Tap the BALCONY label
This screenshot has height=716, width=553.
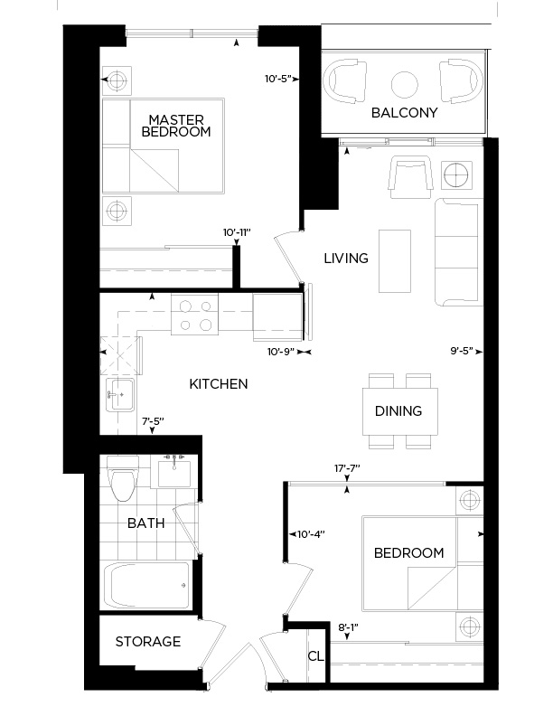[404, 113]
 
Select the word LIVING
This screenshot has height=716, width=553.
[346, 259]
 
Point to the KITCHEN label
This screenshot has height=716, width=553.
[218, 384]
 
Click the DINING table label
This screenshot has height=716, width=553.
[398, 410]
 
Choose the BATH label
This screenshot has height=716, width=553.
[145, 523]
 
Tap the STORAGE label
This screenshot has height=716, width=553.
[147, 642]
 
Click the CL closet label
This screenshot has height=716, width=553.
[315, 656]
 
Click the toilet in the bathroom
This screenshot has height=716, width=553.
[120, 477]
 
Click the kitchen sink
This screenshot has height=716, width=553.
[119, 395]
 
